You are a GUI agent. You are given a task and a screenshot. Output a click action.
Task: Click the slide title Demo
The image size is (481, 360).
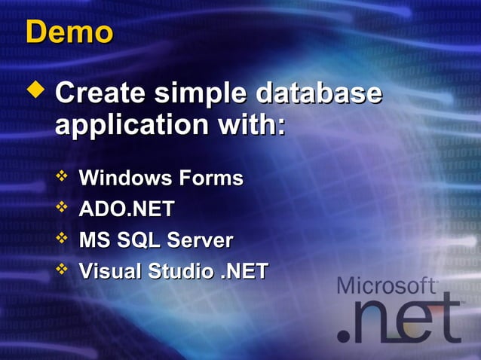click(x=69, y=32)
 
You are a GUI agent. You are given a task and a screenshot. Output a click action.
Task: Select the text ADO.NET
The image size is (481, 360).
click(x=127, y=209)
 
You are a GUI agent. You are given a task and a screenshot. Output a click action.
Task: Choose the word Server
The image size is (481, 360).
click(x=199, y=240)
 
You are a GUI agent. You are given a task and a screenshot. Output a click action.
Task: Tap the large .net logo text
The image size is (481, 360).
click(x=400, y=320)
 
